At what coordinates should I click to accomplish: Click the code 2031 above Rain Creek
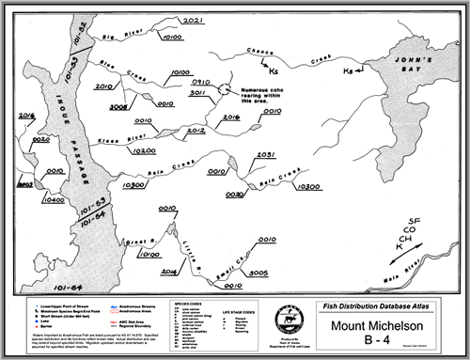266,154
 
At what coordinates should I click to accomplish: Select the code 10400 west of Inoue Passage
54,200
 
